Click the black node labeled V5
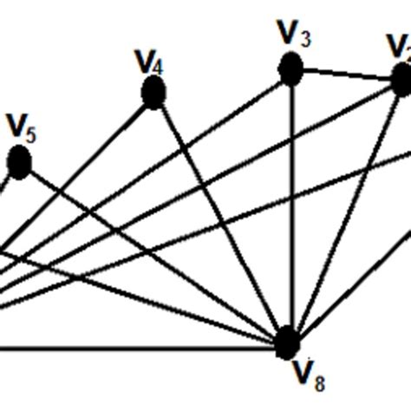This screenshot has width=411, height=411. pyautogui.click(x=19, y=162)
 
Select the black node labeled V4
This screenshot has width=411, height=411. pyautogui.click(x=153, y=92)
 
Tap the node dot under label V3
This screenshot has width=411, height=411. pyautogui.click(x=290, y=68)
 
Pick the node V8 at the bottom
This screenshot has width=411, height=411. pyautogui.click(x=288, y=342)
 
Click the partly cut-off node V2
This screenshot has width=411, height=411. pyautogui.click(x=401, y=80)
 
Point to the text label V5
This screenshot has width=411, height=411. pyautogui.click(x=22, y=127)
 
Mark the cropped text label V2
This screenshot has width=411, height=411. pyautogui.click(x=399, y=45)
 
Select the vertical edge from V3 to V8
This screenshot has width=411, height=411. pyautogui.click(x=290, y=208)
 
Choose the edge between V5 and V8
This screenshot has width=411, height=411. pyautogui.click(x=152, y=251)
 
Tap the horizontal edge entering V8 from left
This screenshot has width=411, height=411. pyautogui.click(x=130, y=349)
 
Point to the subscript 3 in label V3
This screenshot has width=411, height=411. pyautogui.click(x=303, y=38)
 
